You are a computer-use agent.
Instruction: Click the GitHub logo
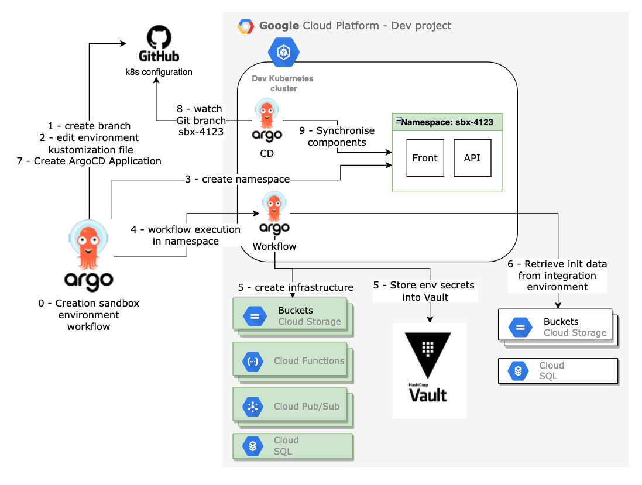point(159,45)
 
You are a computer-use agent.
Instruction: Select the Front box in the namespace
point(425,158)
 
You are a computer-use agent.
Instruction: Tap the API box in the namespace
point(472,158)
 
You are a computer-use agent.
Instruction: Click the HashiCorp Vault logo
point(428,369)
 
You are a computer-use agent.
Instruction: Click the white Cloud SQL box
point(557,371)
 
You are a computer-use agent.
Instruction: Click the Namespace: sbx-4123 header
point(447,123)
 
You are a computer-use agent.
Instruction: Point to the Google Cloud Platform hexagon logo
point(246,26)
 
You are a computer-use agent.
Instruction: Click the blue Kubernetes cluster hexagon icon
point(283,53)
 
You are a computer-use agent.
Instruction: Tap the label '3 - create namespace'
point(237,180)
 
